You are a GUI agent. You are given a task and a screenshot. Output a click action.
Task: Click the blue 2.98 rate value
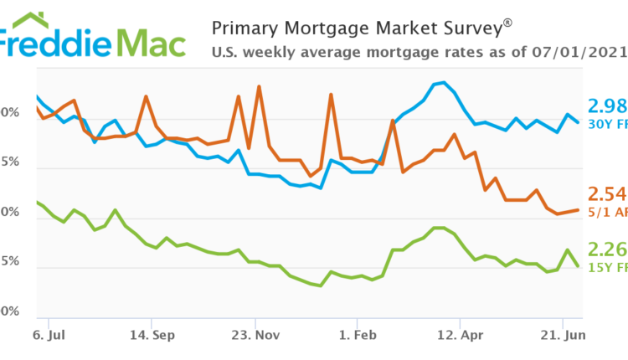(x=606, y=105)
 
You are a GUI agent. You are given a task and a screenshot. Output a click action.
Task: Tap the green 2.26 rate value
(x=606, y=249)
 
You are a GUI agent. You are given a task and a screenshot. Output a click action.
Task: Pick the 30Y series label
(x=600, y=126)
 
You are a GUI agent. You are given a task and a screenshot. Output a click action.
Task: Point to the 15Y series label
(x=600, y=268)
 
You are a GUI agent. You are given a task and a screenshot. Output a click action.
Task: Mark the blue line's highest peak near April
(x=443, y=82)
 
